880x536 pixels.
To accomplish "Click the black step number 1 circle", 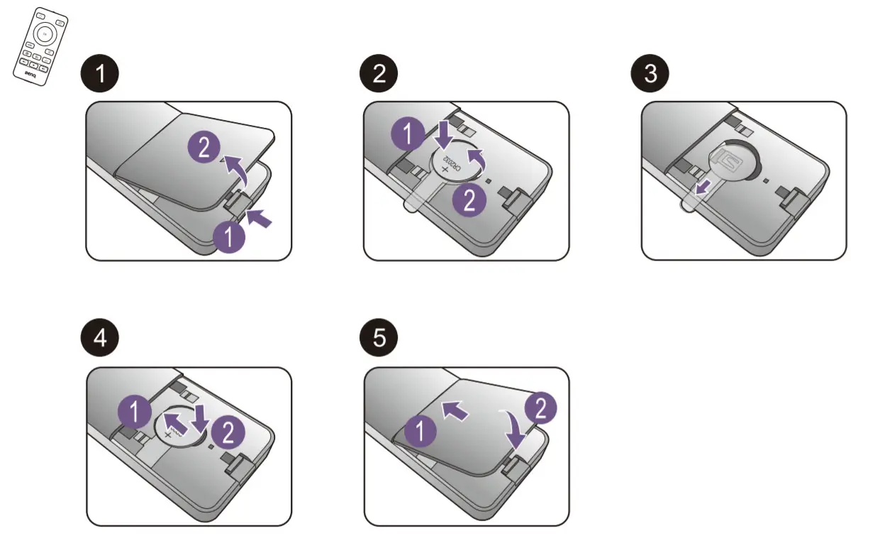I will click(x=102, y=74).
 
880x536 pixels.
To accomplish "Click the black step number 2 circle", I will click(x=380, y=74).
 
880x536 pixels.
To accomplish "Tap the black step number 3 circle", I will click(x=651, y=74).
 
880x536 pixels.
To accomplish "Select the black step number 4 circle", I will click(x=102, y=338).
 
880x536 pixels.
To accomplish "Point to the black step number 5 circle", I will click(x=380, y=338).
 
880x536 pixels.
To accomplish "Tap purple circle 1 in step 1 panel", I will click(x=229, y=237).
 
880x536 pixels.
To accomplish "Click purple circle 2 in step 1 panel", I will click(x=204, y=148).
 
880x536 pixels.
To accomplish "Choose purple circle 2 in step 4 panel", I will click(x=228, y=431).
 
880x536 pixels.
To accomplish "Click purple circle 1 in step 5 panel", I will click(x=420, y=430).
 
